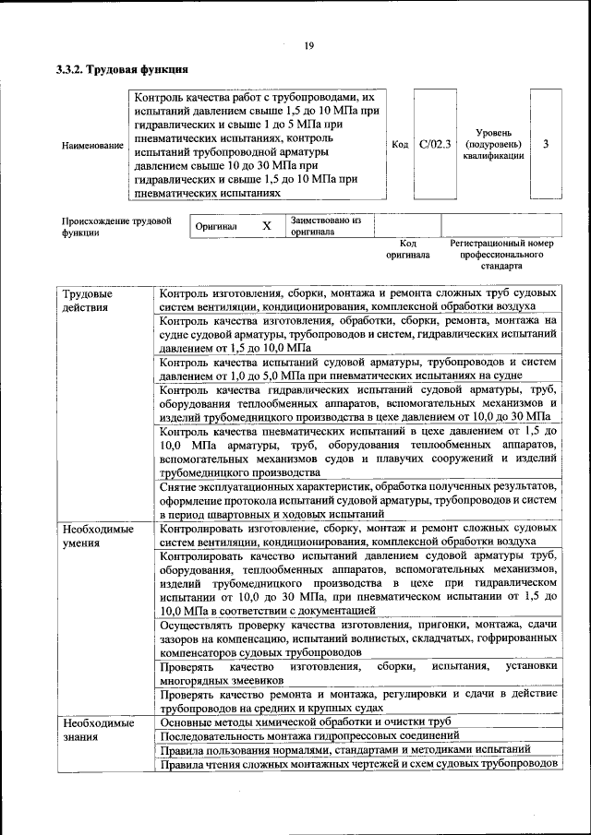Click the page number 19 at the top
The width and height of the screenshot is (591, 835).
pos(309,47)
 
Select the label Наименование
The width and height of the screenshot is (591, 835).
pos(91,146)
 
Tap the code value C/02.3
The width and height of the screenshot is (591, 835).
pos(435,144)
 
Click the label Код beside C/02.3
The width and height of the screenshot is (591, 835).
pos(400,144)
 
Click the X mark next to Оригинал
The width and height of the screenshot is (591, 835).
pos(267,226)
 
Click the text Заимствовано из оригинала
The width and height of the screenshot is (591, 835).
pos(325,226)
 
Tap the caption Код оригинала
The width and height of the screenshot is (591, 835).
pos(408,248)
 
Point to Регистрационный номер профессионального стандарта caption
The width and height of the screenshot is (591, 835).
pos(501,254)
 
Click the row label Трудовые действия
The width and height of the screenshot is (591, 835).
pos(86,301)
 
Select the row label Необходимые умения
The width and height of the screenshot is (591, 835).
pos(97,536)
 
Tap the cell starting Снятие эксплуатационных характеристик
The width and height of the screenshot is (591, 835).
pos(358,499)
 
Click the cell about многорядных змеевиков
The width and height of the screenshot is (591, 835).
pos(358,672)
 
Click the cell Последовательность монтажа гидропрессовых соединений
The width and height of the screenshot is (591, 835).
pos(309,735)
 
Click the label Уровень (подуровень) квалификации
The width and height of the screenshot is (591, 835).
pos(493,144)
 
